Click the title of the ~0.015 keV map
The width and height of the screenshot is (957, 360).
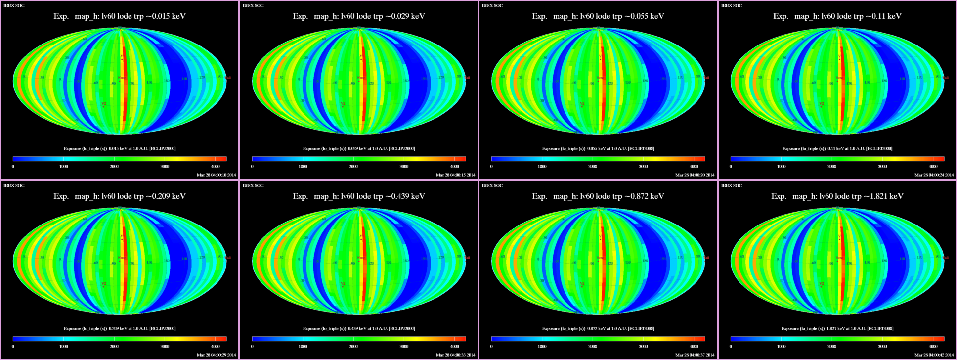tap(120, 16)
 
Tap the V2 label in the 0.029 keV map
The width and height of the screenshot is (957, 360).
tap(343, 104)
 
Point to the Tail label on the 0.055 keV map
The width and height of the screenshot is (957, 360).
tap(706, 78)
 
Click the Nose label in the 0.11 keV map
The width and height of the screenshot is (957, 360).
tap(839, 78)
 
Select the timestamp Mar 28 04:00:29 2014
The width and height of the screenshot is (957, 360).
tap(216, 355)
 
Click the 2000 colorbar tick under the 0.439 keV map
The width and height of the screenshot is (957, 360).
tap(353, 347)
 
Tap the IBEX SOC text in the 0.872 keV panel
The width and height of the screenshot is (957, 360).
tap(492, 186)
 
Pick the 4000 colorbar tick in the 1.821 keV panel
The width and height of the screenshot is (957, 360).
tap(933, 347)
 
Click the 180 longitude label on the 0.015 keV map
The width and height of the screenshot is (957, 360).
tap(167, 81)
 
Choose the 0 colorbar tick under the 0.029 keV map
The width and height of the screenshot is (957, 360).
tap(252, 167)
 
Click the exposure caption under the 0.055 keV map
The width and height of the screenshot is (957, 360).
tap(598, 149)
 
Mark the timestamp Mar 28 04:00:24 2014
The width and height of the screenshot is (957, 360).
tap(934, 175)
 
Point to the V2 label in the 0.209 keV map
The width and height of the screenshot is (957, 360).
tap(103, 284)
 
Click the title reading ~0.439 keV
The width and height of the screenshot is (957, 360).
tap(359, 196)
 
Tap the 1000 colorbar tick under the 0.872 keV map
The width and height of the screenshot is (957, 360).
tap(542, 347)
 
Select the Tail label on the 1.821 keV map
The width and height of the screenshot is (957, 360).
tap(946, 258)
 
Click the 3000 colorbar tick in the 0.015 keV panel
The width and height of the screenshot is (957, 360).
tap(165, 167)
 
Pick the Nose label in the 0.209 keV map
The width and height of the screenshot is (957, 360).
tap(122, 258)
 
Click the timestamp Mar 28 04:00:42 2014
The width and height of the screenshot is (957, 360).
tap(934, 355)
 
